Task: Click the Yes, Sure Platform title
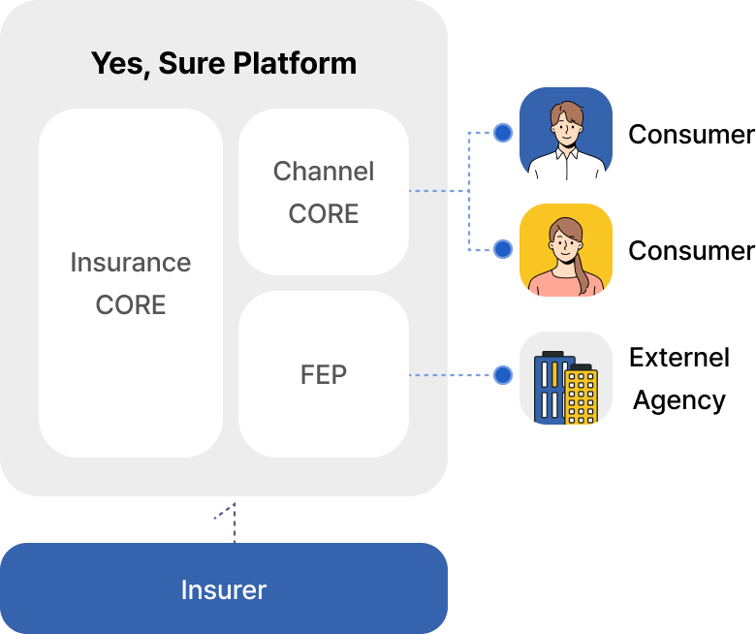coord(224,64)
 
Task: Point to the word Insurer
coord(224,589)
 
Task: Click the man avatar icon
coord(566,134)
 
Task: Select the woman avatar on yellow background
coord(566,249)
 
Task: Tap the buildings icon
coord(566,378)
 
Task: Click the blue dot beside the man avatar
coord(502,133)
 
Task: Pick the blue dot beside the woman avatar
coord(502,249)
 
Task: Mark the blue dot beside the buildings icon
coord(502,375)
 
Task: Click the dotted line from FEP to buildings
coord(451,375)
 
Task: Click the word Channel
coord(324,172)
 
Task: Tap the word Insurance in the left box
coord(131,263)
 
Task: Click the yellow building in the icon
coord(581,397)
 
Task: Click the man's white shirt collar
coord(566,154)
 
